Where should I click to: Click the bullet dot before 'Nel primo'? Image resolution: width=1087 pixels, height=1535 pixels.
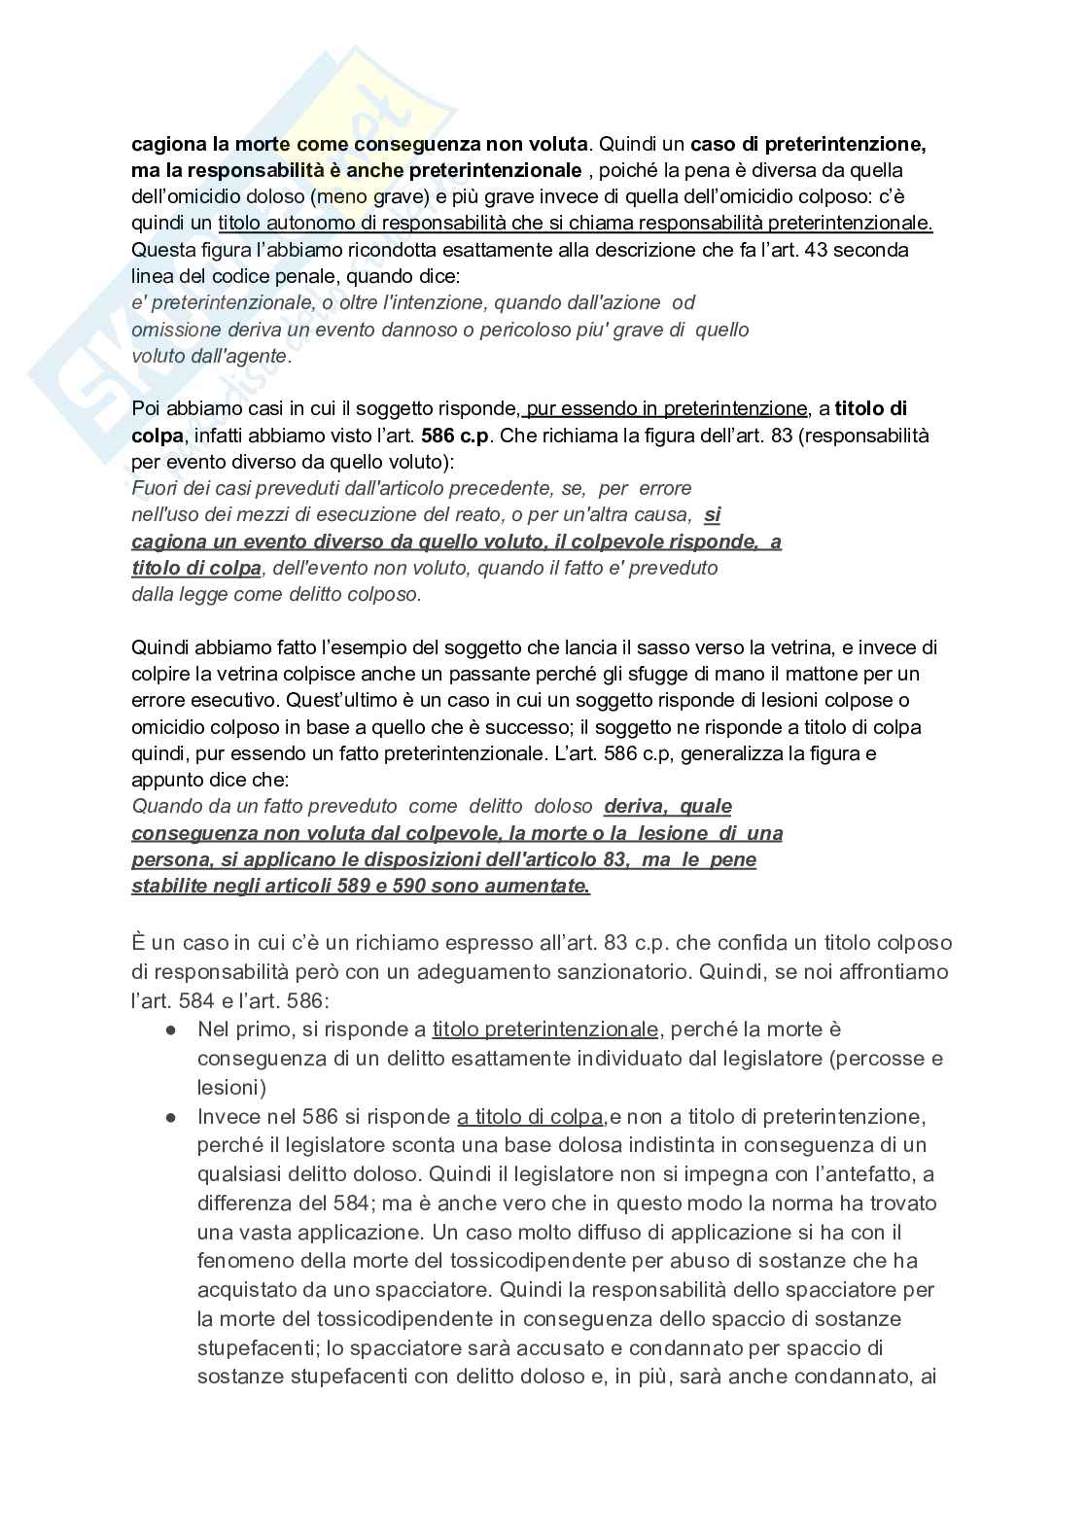(x=171, y=1029)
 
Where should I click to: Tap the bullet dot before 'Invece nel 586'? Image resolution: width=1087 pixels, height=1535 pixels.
(x=171, y=1117)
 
